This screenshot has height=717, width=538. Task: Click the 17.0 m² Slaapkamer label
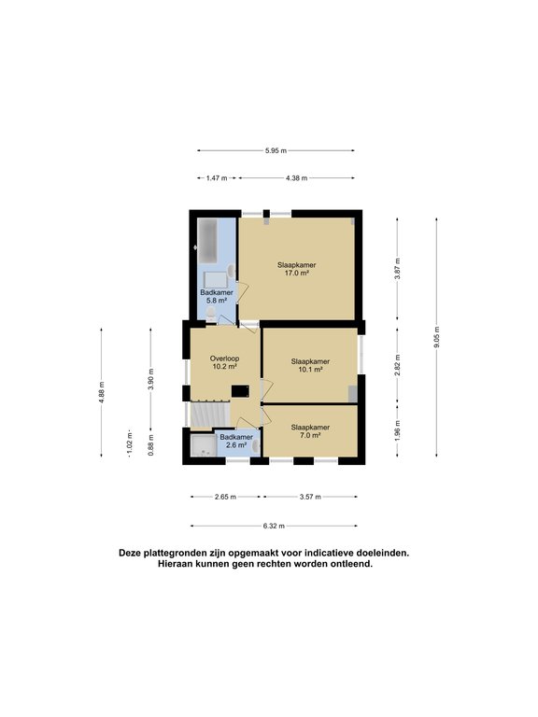[x=296, y=269]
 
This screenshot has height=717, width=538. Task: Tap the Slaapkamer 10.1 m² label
[x=310, y=365]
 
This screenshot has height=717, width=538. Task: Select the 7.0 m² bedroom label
[x=310, y=431]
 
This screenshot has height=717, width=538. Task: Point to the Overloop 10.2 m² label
[x=224, y=362]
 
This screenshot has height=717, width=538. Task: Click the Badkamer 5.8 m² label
[x=217, y=296]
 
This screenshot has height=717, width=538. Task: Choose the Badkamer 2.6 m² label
[x=236, y=441]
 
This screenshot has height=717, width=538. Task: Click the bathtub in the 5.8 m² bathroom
[x=207, y=241]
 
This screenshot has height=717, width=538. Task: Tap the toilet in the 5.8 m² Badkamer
[x=210, y=314]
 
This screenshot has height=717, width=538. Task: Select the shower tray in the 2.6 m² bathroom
[x=203, y=445]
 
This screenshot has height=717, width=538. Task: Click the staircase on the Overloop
[x=209, y=415]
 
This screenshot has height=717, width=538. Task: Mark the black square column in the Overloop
[x=240, y=391]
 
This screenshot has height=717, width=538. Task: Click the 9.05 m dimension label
[x=436, y=337]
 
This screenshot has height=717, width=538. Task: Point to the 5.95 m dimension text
[x=276, y=150]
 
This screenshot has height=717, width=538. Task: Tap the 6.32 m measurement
[x=274, y=526]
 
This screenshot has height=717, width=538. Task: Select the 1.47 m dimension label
[x=217, y=178]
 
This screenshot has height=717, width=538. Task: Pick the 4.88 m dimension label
[x=102, y=392]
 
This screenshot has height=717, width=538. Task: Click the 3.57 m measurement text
[x=310, y=497]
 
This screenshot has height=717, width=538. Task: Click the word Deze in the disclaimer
[x=130, y=553]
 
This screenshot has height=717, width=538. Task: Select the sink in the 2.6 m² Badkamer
[x=256, y=445]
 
